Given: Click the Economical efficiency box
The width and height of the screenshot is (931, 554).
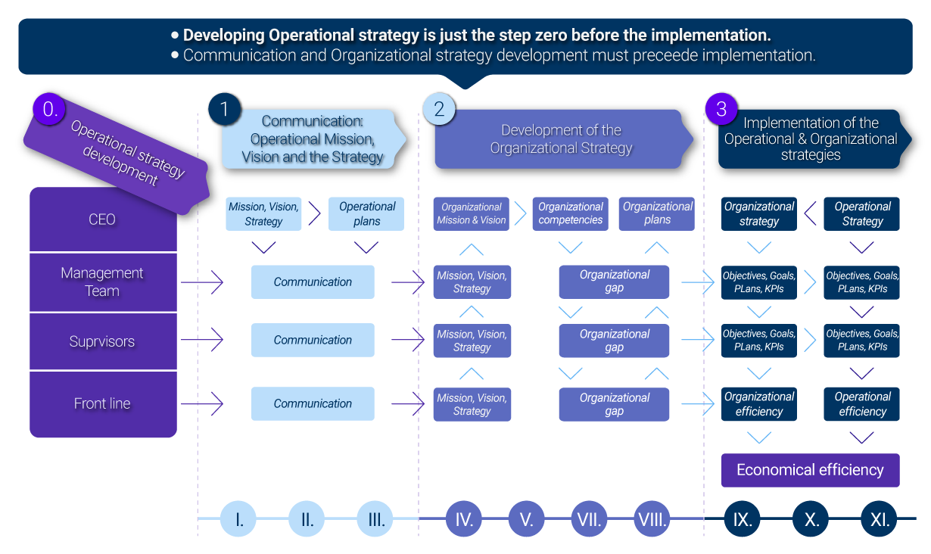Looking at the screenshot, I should tap(810, 470).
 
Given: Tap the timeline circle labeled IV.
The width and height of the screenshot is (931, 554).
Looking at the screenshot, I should tap(465, 519).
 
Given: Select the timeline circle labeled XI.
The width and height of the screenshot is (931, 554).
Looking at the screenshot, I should tap(880, 519).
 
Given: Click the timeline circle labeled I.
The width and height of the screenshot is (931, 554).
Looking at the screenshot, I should tap(239, 519).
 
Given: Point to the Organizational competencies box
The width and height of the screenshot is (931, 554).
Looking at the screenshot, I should tap(571, 213).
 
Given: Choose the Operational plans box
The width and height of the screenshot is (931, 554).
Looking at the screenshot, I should tap(367, 213).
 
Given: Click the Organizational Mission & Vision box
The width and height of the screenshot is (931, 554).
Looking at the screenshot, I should tap(472, 213).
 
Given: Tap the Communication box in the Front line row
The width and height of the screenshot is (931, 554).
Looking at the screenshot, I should tap(313, 403).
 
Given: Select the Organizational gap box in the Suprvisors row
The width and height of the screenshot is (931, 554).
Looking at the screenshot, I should tap(614, 341).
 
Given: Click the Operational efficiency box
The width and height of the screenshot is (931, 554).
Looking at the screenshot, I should tap(862, 404).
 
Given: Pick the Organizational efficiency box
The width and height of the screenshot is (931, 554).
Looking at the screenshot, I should tap(759, 404).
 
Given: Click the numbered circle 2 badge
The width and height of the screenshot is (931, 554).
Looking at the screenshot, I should tap(438, 109).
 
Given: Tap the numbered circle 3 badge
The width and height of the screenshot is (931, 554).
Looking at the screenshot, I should tap(721, 109).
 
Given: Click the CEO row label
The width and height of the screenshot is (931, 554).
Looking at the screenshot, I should tap(102, 219).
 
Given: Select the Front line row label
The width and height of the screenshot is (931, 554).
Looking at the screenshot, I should tap(102, 403).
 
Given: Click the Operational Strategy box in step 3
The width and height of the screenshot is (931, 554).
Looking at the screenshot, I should tap(862, 213).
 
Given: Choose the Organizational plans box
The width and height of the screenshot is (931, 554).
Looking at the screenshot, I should tap(657, 213).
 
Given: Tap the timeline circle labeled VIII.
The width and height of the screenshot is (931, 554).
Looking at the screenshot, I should tap(652, 519).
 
